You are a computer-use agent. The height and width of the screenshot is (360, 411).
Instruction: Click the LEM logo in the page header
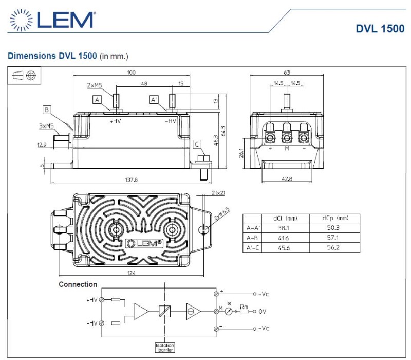(51, 20)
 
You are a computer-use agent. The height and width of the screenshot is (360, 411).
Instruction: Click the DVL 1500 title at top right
(380, 29)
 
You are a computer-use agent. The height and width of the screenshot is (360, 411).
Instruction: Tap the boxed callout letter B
(47, 110)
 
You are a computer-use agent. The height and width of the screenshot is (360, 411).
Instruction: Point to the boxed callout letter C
(197, 144)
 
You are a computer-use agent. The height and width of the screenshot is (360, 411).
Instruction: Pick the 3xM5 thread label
(47, 125)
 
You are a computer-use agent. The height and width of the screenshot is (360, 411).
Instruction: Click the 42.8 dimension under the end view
(287, 179)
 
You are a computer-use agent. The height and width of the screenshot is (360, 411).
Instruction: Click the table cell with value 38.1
(283, 228)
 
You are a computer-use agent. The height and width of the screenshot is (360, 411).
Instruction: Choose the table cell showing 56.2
(334, 247)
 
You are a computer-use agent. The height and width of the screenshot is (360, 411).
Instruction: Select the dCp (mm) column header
(334, 218)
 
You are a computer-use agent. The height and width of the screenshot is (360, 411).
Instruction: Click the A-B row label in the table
(253, 238)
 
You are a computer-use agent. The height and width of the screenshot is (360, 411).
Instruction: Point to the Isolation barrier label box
(166, 347)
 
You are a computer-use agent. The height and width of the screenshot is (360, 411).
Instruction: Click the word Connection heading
(78, 284)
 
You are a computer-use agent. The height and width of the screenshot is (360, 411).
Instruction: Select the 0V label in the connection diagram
(263, 311)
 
